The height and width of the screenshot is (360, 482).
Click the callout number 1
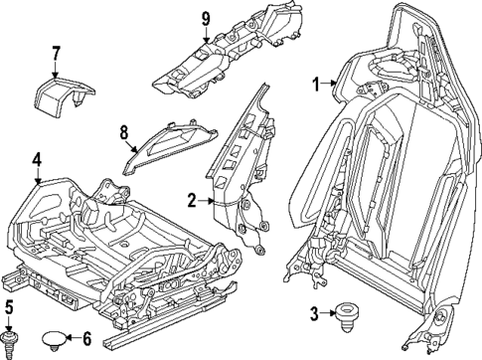point(318,84)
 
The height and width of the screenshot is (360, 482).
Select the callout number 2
point(191,199)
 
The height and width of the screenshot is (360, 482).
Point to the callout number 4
point(36,158)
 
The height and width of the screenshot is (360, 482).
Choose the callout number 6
point(86,338)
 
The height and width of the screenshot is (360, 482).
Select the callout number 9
point(206,18)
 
